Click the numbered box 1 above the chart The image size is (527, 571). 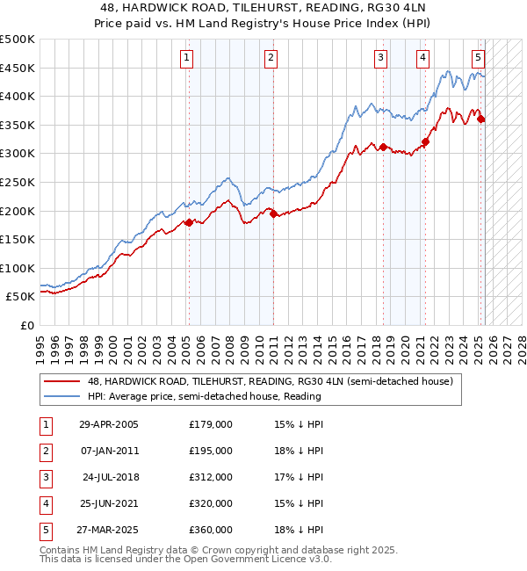pos(188,59)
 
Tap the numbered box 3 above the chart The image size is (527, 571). pos(380,59)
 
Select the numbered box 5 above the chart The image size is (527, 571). pos(478,59)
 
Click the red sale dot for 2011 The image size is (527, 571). pos(273,213)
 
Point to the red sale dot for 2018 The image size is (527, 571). pos(384,147)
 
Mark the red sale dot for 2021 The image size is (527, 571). pos(425,141)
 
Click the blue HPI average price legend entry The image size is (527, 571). pos(204,396)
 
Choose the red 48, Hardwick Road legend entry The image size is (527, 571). pos(270,381)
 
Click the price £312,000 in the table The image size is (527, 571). pos(211,477)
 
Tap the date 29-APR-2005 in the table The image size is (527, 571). pos(108,424)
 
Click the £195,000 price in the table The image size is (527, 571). pos(211,451)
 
